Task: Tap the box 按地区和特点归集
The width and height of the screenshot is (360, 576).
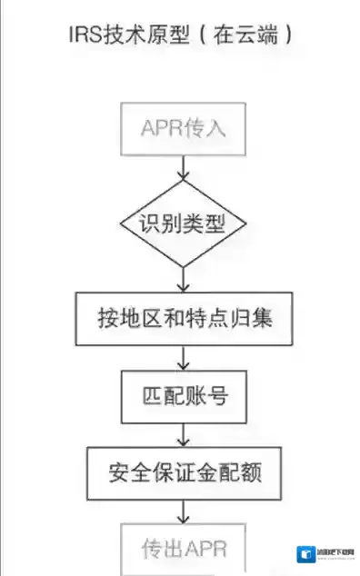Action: point(184,319)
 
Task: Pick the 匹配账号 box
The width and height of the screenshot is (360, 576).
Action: point(184,397)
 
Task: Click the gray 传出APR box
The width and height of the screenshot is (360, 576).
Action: point(184,548)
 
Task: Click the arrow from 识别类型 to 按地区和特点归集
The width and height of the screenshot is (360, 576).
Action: point(184,279)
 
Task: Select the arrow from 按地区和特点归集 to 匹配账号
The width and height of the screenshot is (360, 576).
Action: point(184,359)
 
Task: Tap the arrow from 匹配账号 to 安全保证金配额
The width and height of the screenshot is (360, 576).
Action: point(184,433)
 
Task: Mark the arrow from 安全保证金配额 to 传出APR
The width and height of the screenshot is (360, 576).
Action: point(184,511)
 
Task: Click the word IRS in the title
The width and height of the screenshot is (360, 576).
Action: point(85,37)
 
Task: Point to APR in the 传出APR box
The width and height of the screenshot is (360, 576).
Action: point(205,549)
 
